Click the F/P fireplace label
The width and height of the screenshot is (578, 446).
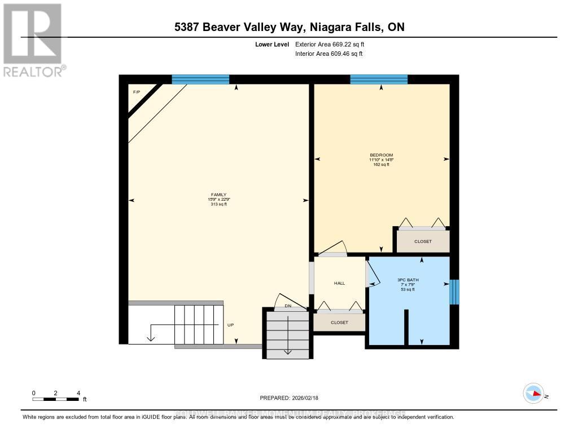(136, 92)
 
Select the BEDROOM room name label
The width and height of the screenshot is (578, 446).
(381, 155)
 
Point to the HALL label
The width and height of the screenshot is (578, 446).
(339, 283)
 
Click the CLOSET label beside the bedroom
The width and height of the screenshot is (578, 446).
(422, 241)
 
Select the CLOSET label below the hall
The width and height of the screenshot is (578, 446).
(339, 323)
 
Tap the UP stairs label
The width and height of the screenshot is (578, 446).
(230, 325)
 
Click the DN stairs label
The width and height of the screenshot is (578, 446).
(287, 307)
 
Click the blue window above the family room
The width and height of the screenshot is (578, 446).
(200, 80)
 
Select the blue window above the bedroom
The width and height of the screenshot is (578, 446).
(379, 80)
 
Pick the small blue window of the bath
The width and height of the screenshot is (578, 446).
(454, 292)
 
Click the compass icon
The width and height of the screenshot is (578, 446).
(533, 393)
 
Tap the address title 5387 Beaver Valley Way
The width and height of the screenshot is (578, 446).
(288, 27)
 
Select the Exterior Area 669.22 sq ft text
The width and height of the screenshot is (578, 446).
(334, 44)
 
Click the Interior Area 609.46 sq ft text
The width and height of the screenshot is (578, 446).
(329, 54)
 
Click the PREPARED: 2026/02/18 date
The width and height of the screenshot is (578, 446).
(289, 398)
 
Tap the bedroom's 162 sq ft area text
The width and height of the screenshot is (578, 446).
(381, 165)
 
